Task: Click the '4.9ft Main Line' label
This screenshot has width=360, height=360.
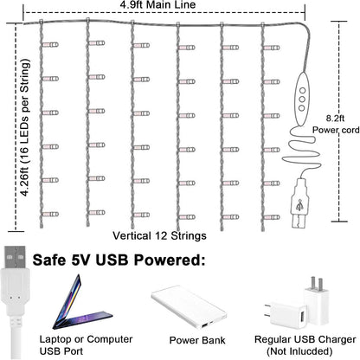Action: (157, 4)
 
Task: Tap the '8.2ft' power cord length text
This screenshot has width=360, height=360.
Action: (335, 119)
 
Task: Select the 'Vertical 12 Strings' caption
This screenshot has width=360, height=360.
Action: (159, 235)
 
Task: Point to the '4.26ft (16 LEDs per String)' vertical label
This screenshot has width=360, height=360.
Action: (25, 128)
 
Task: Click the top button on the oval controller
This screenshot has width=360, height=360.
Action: (302, 91)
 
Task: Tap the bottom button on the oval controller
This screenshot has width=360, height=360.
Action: (302, 108)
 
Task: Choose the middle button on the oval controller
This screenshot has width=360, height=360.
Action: (302, 100)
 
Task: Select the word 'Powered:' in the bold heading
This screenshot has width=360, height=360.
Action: (170, 260)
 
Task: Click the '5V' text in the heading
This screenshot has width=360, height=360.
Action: (82, 260)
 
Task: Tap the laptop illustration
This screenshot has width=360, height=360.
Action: (81, 303)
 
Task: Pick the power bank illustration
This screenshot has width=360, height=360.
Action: (190, 307)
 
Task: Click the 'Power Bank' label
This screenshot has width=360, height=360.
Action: (197, 340)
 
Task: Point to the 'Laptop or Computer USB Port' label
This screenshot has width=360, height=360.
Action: (86, 345)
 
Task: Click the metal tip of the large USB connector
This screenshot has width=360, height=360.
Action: (15, 257)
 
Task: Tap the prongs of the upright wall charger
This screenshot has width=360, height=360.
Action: (317, 285)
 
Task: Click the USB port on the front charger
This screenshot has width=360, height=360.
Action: (303, 318)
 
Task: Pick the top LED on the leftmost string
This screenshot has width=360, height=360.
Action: (50, 45)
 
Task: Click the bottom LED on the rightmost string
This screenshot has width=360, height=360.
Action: (272, 217)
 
